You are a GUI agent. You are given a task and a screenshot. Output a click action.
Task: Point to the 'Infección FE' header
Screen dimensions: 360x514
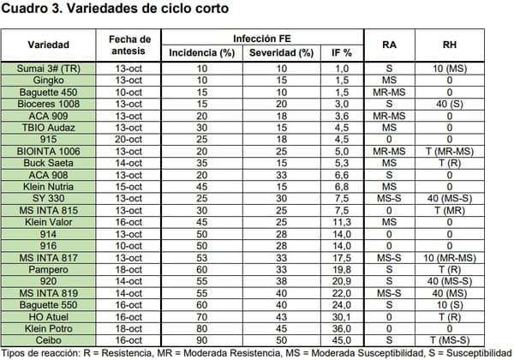[264, 39]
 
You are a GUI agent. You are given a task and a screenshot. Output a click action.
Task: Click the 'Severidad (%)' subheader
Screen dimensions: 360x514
[281, 53]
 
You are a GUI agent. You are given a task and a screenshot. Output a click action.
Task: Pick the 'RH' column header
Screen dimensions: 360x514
[450, 45]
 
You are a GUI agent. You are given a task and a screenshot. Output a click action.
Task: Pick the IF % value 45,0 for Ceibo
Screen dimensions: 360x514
[343, 339]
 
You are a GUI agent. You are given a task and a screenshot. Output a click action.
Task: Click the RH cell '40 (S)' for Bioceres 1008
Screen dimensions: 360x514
[450, 104]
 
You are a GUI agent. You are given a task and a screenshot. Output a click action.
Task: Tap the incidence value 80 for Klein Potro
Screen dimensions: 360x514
[202, 328]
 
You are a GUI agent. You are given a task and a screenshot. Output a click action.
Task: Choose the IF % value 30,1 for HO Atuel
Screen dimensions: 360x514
[343, 316]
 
